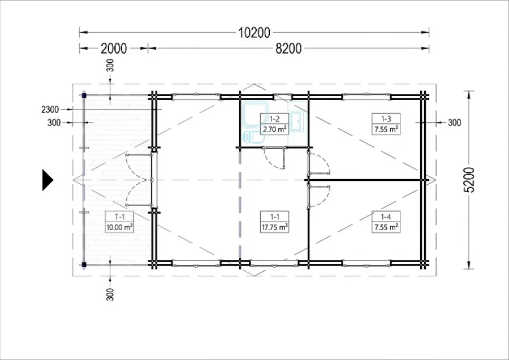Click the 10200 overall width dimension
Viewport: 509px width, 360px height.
pos(254,33)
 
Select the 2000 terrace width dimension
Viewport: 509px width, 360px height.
pos(114,49)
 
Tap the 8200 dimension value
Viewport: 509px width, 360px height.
pos(288,49)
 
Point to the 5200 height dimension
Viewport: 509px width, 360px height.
pos(469,180)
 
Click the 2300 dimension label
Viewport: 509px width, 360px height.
pos(50,110)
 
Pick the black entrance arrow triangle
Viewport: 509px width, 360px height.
pos(48,180)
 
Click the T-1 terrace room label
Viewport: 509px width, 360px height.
pos(119,216)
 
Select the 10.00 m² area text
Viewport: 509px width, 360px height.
pos(119,227)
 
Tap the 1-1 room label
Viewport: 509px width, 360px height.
pos(275,216)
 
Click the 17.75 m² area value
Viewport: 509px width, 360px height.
pos(275,227)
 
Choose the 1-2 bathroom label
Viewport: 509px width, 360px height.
pos(275,119)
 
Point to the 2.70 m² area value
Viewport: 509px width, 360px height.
pos(275,129)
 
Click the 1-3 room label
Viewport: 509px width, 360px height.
pos(386,119)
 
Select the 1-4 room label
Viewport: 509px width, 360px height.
pos(386,216)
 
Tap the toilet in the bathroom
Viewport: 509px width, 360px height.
pos(253,137)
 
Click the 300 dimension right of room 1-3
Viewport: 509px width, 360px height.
pos(454,123)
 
